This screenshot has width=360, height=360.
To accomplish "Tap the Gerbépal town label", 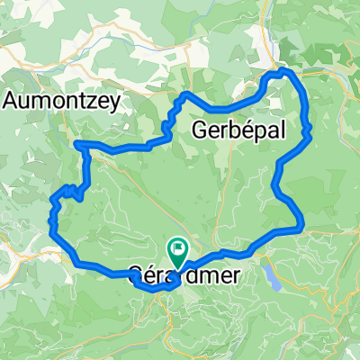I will click(238, 131).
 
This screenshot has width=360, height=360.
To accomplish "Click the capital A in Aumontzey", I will click(12, 100).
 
